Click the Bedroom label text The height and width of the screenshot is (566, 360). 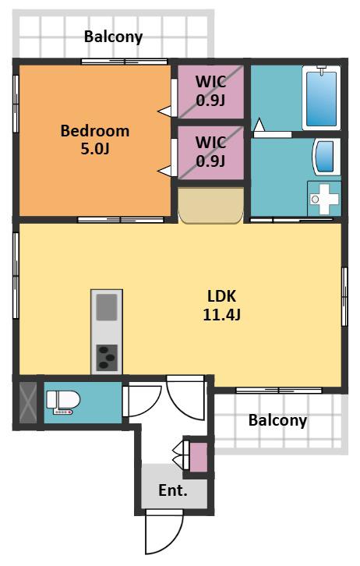(x=95, y=131)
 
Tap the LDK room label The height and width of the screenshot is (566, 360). (x=221, y=296)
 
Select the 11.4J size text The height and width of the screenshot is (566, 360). (x=221, y=314)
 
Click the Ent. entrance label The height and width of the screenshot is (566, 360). (x=173, y=490)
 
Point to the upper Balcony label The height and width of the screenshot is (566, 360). (x=113, y=37)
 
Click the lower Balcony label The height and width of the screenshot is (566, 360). (x=277, y=420)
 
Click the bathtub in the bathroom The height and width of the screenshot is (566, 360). (x=321, y=97)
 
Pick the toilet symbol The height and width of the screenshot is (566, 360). (x=63, y=402)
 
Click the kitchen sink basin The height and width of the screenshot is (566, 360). (x=107, y=307)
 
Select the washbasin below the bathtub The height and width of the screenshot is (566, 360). (x=326, y=157)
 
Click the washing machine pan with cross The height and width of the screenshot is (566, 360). (x=324, y=200)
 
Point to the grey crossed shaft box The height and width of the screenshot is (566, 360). (x=28, y=403)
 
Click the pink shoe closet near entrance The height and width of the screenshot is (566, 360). (x=199, y=457)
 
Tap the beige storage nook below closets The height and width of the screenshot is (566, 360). (x=211, y=205)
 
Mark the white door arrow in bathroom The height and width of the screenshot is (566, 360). (x=259, y=125)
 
